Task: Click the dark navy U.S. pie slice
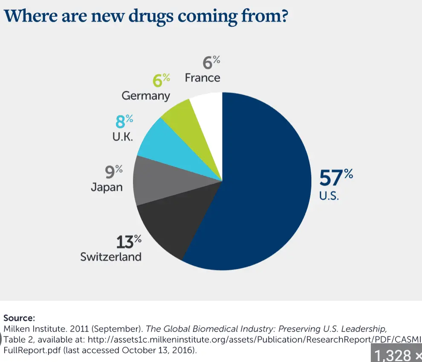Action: [x=264, y=183]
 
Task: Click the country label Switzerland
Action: [x=111, y=257]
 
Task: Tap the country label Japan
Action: [x=107, y=187]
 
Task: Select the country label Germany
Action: [x=146, y=95]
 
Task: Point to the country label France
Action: [x=202, y=78]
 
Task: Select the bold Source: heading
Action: [x=19, y=318]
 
